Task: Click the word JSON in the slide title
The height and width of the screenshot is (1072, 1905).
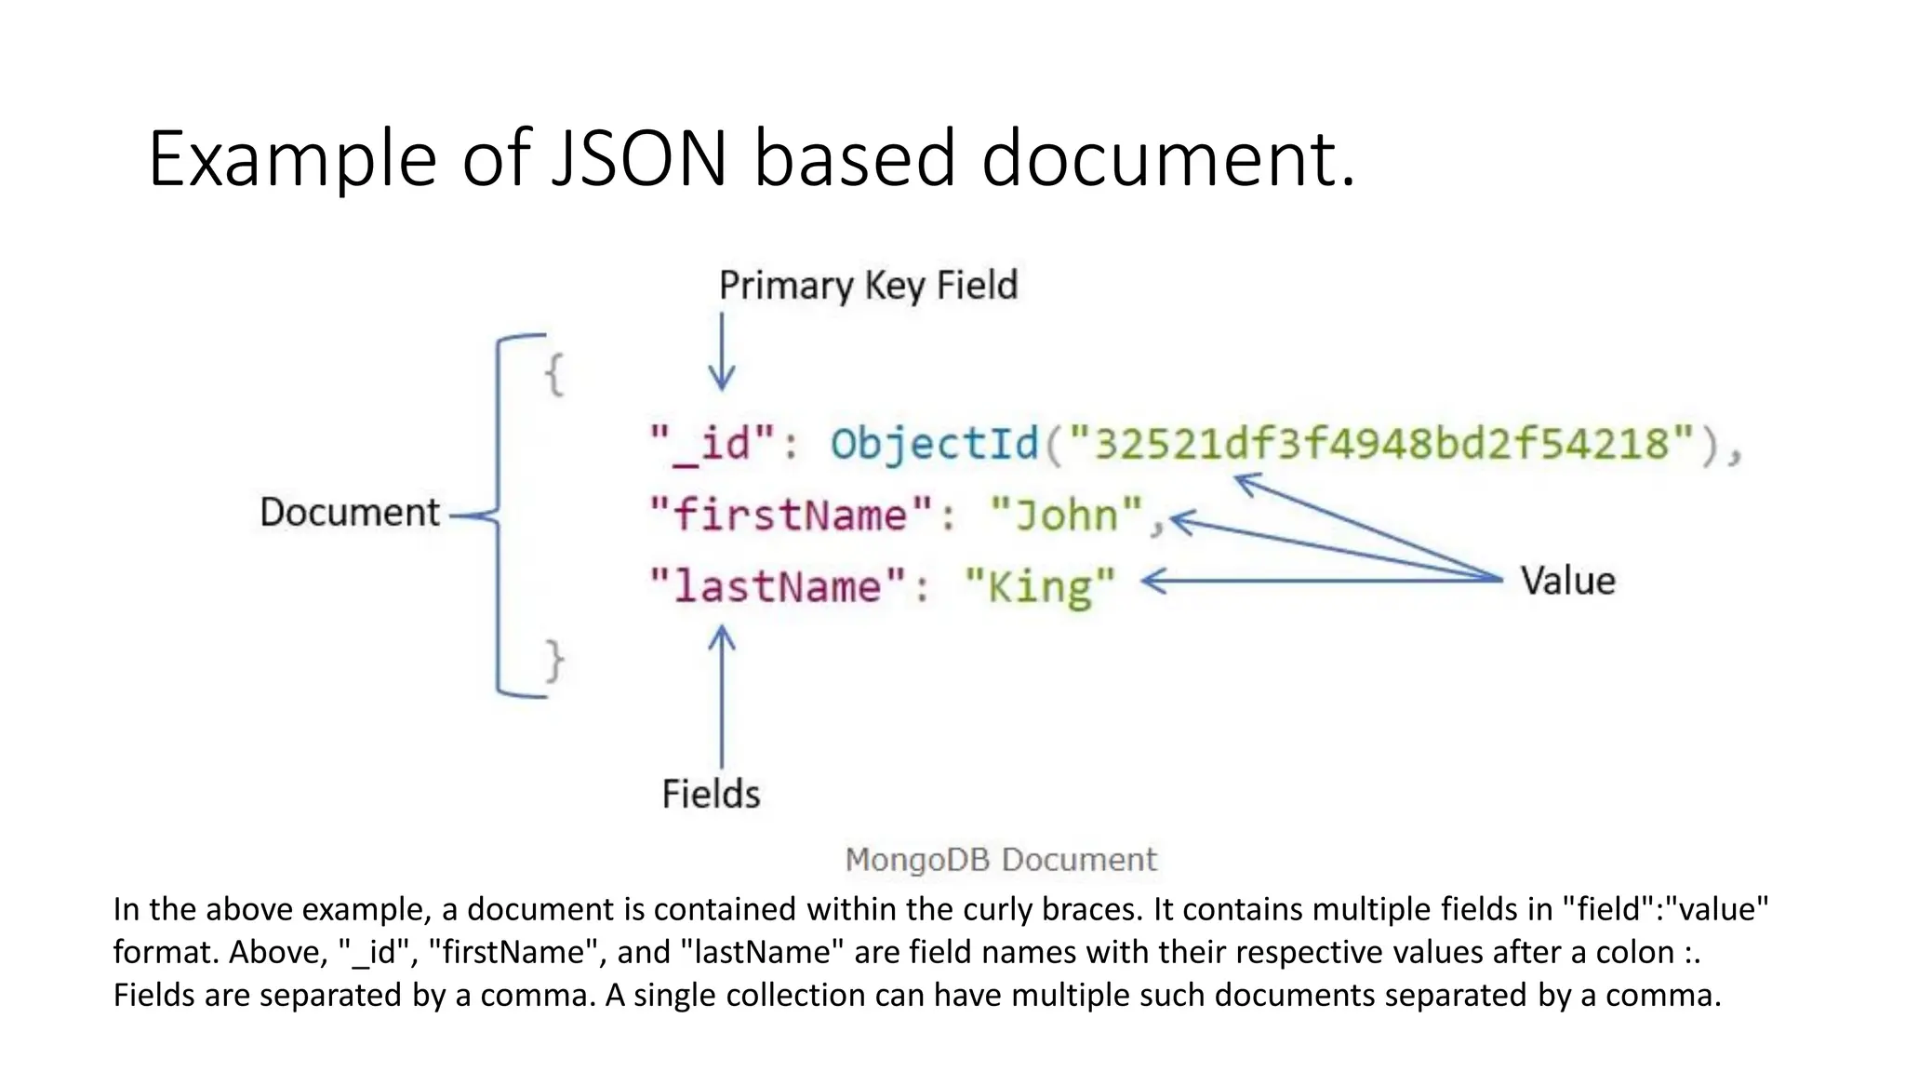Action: (x=638, y=158)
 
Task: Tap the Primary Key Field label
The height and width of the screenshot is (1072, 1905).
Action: (x=868, y=285)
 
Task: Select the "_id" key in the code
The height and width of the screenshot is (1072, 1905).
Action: (x=713, y=443)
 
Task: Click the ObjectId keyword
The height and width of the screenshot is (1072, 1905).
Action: (x=934, y=443)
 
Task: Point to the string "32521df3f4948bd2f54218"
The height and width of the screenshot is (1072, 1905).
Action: (x=1381, y=443)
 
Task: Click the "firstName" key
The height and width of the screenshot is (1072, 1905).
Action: (x=790, y=515)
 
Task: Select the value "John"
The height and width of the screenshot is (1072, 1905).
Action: (x=1066, y=515)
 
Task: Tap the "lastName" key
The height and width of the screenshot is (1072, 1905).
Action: (x=777, y=586)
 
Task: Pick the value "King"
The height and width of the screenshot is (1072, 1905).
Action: (x=1040, y=586)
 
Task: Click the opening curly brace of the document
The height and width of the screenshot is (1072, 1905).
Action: (x=554, y=375)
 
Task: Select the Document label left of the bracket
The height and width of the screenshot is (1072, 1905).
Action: (x=349, y=512)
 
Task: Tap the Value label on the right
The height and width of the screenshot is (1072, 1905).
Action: (x=1568, y=581)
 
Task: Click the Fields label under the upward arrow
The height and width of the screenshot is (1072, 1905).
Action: (x=711, y=794)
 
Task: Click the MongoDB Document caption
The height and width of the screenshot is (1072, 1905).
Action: (x=1001, y=859)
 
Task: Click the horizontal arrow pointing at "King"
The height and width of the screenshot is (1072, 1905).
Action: (x=1321, y=581)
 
